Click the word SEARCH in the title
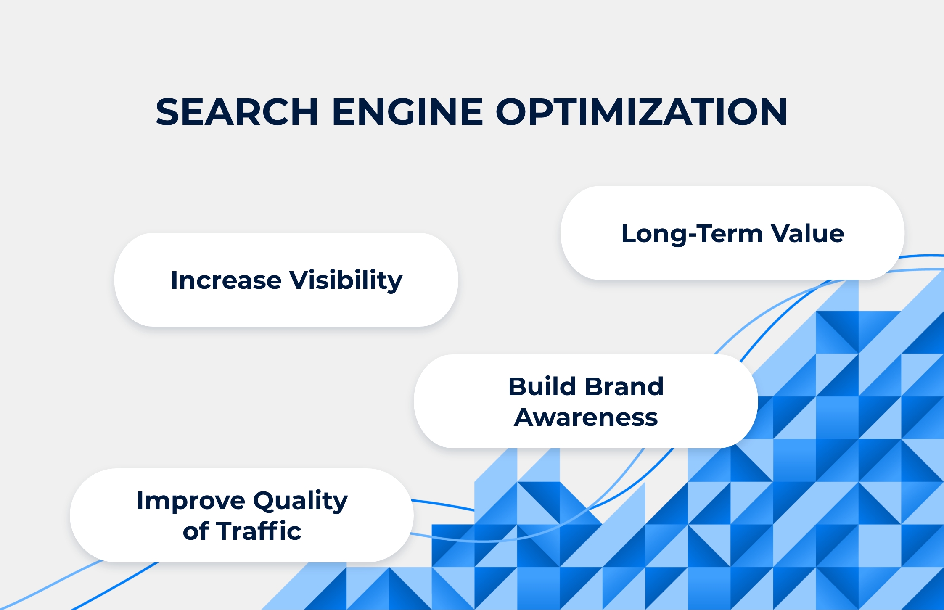click(x=237, y=112)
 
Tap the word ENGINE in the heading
click(x=407, y=112)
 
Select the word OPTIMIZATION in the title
click(x=642, y=112)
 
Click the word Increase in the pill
click(x=226, y=280)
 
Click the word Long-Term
click(x=692, y=234)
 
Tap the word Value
click(x=807, y=233)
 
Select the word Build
click(x=542, y=386)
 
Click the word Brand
click(x=624, y=386)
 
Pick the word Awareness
click(x=586, y=417)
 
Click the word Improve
click(x=191, y=501)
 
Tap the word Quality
click(x=301, y=501)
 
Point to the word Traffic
click(x=259, y=531)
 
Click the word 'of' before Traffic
click(x=196, y=531)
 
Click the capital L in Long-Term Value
click(x=629, y=234)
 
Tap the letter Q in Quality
click(x=266, y=501)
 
